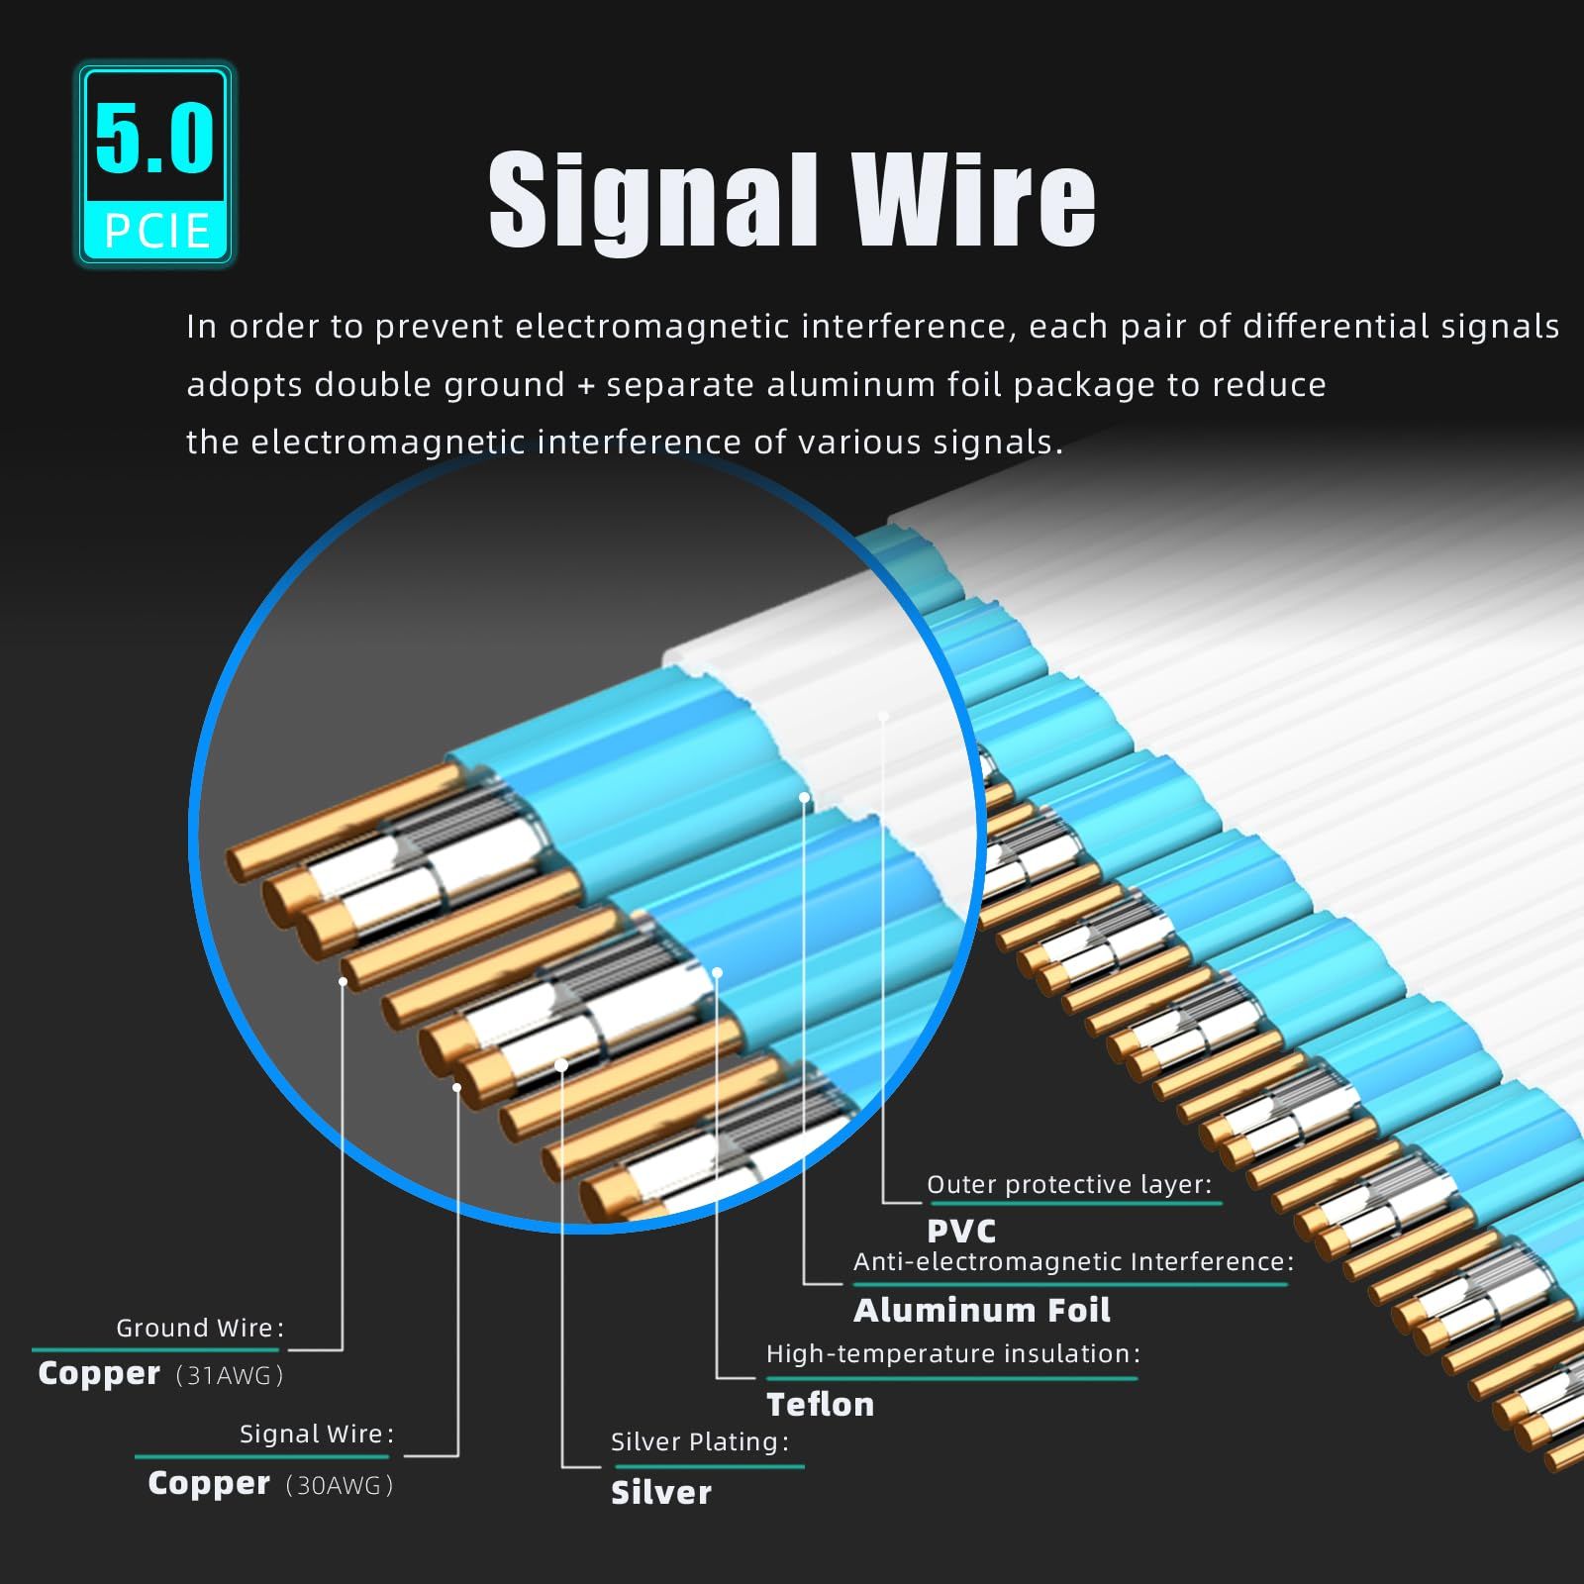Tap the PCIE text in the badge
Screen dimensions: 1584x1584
coord(157,232)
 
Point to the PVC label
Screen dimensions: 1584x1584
coord(961,1232)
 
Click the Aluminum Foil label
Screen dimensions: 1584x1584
coord(981,1311)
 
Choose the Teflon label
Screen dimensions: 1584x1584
coord(820,1405)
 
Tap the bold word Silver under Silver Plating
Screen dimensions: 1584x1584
coord(660,1493)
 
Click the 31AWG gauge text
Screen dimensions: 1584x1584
coord(230,1375)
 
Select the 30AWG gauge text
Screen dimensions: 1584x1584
coord(340,1485)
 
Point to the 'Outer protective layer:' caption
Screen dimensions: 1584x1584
coord(1069,1184)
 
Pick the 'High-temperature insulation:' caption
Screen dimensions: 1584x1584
coord(952,1353)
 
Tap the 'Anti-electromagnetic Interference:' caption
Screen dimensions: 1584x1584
coord(1073,1261)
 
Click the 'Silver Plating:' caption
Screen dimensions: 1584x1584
coord(700,1441)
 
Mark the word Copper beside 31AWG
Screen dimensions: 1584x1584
coord(99,1373)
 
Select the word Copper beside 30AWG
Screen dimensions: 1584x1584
coord(209,1483)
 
